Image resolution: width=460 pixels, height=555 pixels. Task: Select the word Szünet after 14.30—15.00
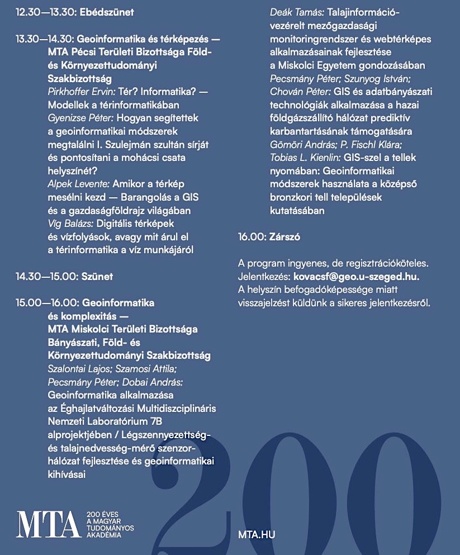97,276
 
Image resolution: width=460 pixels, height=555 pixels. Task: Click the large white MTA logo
48,524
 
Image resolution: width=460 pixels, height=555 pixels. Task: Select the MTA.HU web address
256,535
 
